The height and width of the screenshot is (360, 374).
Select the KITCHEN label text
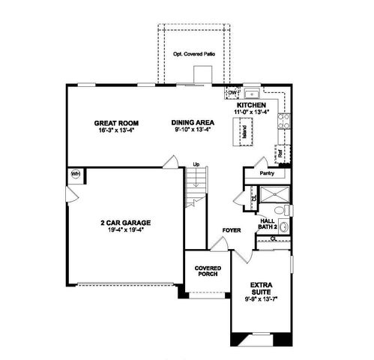[252, 106]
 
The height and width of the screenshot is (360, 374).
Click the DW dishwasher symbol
[233, 93]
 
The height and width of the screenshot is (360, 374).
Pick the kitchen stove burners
[284, 119]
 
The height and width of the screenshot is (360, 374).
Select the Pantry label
[267, 173]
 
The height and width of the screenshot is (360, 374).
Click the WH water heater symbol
[75, 174]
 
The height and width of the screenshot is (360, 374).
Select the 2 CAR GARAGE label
[126, 222]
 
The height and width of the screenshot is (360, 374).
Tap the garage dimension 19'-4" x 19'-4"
[126, 229]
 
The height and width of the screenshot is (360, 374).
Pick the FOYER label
[230, 230]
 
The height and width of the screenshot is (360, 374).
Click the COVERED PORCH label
[206, 271]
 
